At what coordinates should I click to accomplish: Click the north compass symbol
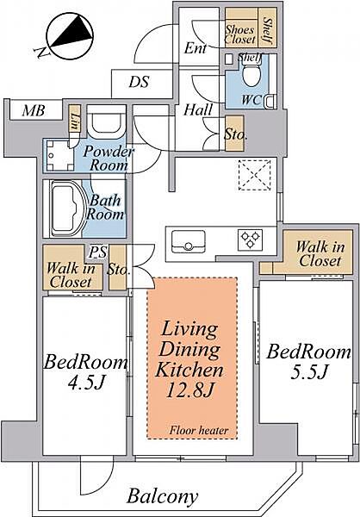71,36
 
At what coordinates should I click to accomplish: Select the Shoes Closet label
240,34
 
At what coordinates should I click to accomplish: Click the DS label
139,82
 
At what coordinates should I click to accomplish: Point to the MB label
34,111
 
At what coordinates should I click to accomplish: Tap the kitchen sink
189,241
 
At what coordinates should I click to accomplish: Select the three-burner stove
250,240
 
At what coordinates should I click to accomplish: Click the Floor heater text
199,430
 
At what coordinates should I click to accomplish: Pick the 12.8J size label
189,390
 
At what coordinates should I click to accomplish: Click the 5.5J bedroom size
309,372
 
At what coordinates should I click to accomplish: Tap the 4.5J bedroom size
86,382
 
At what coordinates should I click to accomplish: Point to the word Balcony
163,495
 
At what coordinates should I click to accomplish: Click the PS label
98,252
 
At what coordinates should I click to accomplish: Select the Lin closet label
75,121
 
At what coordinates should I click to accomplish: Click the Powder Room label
109,159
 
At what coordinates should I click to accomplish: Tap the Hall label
198,109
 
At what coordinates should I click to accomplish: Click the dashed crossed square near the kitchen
255,175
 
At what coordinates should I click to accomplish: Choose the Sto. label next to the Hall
235,134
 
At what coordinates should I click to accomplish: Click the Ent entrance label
196,48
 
